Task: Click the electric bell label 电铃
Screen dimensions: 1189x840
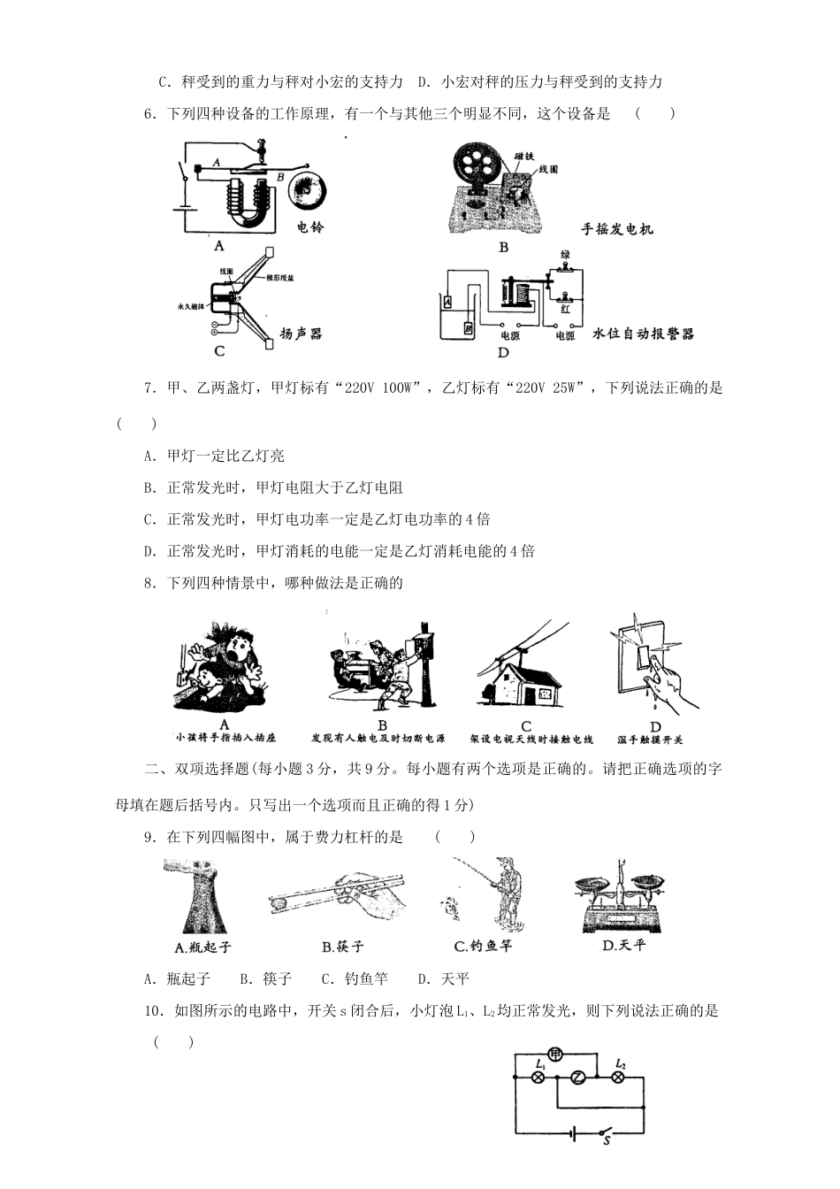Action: tap(310, 227)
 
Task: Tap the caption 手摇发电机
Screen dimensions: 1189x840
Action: tap(617, 230)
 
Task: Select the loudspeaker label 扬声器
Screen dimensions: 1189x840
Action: tap(301, 334)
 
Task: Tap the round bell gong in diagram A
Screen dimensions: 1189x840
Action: tap(307, 189)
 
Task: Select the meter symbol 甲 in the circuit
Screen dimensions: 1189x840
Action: tap(554, 1054)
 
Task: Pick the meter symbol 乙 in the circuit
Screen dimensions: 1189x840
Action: tap(577, 1078)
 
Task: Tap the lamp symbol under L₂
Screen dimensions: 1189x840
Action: tap(619, 1078)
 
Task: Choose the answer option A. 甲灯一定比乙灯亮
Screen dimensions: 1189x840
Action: tap(214, 456)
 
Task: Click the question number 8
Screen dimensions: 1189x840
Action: tap(149, 583)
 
